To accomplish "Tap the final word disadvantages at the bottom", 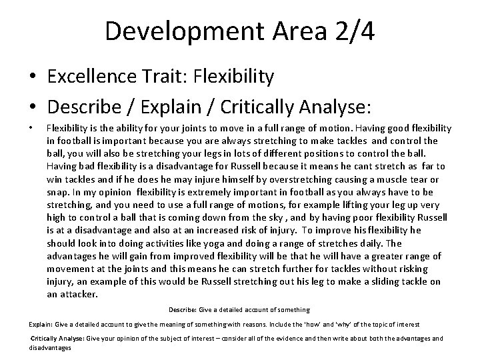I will click(51, 347).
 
